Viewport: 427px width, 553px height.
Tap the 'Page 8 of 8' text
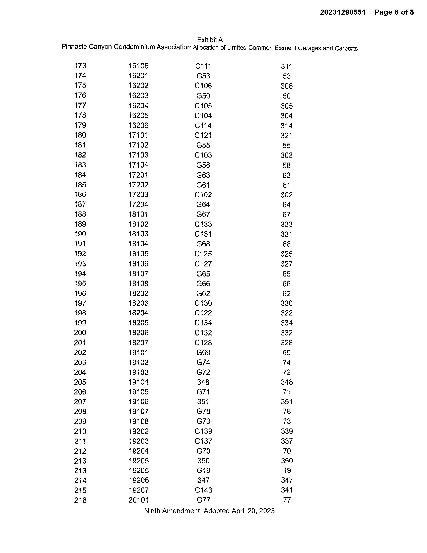(394, 12)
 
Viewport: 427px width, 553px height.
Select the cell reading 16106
(138, 66)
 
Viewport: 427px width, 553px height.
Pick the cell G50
(203, 96)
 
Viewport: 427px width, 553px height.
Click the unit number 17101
(138, 135)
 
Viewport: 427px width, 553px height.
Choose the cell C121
(203, 135)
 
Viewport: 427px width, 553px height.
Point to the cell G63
(203, 175)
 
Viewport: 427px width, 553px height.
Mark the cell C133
(203, 224)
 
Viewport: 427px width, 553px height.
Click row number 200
(80, 332)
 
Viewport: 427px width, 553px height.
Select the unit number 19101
(138, 352)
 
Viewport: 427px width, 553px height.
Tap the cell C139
(203, 431)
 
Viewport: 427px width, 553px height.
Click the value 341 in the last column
(287, 490)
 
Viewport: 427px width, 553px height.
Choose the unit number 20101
(138, 500)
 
